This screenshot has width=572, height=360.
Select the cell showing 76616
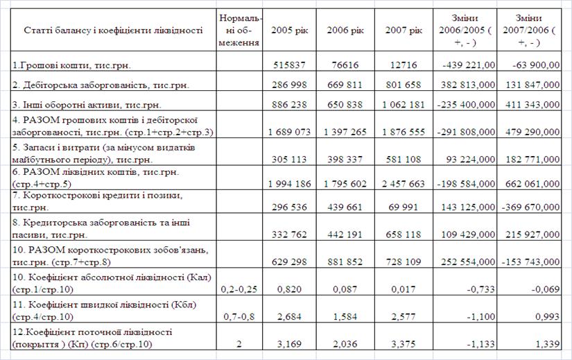[x=344, y=65]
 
